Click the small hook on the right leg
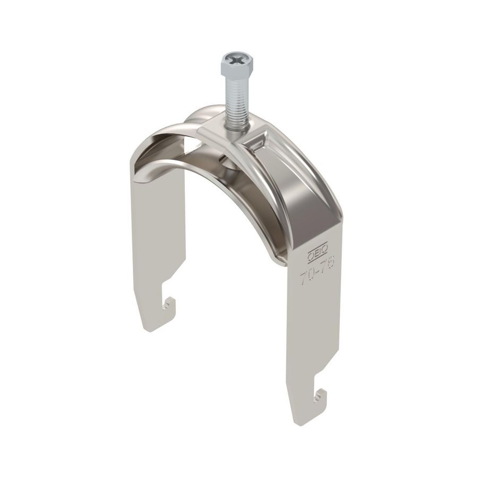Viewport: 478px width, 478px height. pos(319,396)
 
